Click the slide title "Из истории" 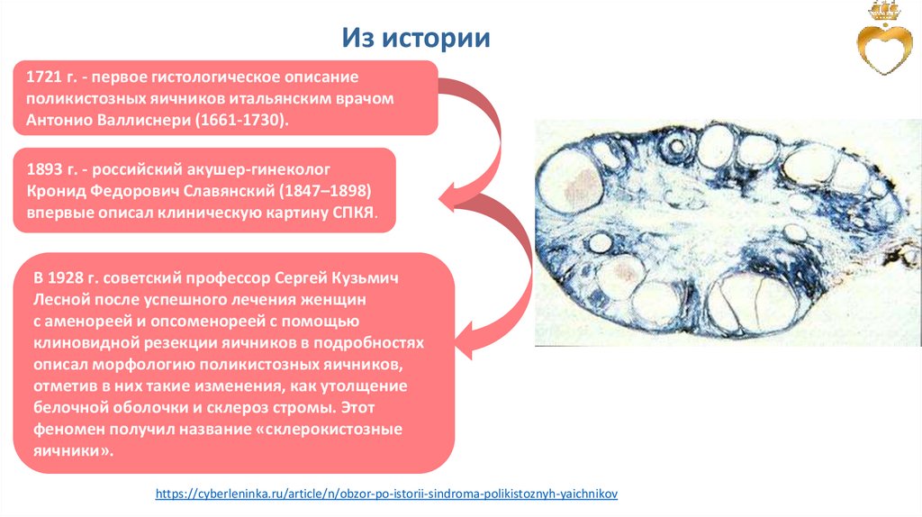[415, 38]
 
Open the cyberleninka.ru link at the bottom [387, 494]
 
